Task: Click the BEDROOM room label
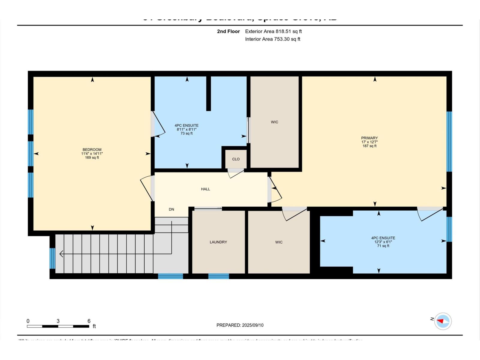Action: [x=92, y=149]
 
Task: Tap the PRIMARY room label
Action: [x=369, y=138]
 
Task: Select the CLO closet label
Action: [x=236, y=159]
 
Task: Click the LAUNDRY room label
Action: [x=218, y=242]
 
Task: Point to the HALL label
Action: [x=205, y=189]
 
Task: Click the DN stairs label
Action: [x=171, y=209]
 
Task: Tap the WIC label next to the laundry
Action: [x=279, y=242]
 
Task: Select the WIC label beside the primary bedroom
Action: [x=274, y=122]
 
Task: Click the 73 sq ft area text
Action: [x=186, y=133]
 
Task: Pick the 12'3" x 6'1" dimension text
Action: [x=383, y=242]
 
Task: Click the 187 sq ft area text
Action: [x=369, y=146]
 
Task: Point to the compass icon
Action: [x=443, y=321]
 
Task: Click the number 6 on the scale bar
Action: [x=89, y=321]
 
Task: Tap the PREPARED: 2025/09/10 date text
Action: [x=240, y=325]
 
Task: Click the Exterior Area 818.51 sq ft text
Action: [x=273, y=31]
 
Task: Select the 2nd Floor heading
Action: [x=228, y=31]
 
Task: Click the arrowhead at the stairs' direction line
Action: [x=61, y=254]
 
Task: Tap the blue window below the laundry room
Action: [x=218, y=276]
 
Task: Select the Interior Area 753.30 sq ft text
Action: [x=272, y=39]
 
